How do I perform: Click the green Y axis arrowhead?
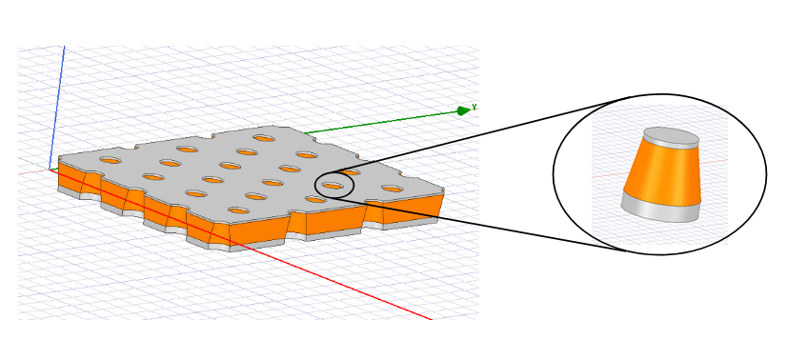[463, 110]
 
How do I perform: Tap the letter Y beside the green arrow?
[474, 108]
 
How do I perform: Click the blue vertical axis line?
[57, 108]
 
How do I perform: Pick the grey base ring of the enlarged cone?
[660, 210]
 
